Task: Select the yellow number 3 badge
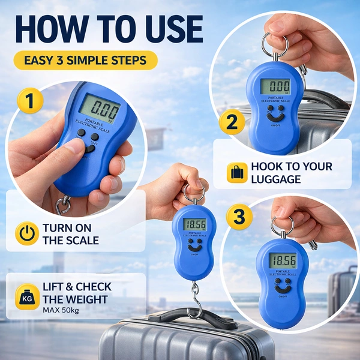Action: click(x=239, y=216)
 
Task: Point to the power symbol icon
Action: click(x=27, y=233)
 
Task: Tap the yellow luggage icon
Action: click(x=237, y=172)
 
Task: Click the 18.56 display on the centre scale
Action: click(x=195, y=224)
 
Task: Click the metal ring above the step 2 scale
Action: click(x=274, y=44)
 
